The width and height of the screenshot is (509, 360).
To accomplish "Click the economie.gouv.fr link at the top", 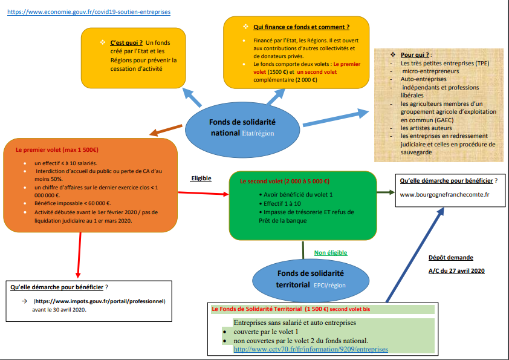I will [89, 11].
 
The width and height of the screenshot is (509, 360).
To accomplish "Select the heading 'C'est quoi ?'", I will [126, 43].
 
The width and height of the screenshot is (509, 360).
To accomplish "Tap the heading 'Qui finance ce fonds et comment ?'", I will [301, 27].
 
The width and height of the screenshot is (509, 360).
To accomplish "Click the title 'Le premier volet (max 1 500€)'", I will [57, 149].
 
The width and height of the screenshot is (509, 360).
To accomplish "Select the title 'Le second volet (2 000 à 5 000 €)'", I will [284, 181].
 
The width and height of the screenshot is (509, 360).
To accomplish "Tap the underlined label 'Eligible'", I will [201, 178].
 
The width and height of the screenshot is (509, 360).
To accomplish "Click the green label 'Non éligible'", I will [331, 252].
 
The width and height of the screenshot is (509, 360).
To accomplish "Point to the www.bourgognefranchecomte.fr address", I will [444, 194].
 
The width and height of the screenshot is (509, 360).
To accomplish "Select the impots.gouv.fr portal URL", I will [100, 301].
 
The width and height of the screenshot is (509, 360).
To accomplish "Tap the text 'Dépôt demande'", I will [450, 257].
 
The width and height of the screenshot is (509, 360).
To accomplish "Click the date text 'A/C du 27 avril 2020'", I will [456, 270].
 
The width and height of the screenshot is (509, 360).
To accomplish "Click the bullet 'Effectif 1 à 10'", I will [278, 204].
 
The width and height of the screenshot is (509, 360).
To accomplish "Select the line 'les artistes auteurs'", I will [426, 128].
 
